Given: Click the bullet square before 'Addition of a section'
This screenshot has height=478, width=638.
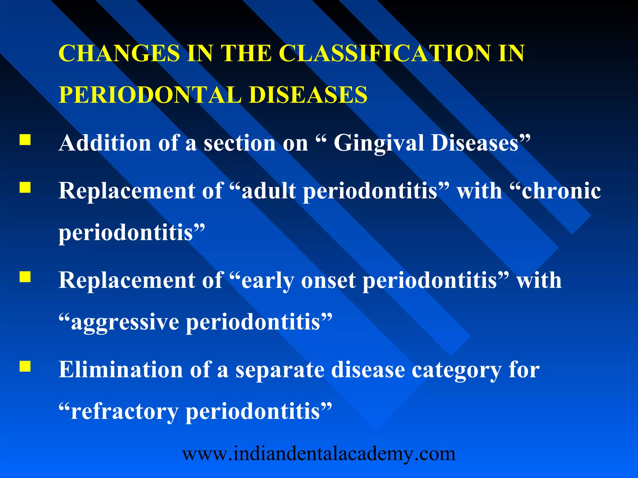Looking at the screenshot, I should (x=25, y=140).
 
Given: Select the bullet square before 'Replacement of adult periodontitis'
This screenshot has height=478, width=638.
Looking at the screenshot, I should (x=25, y=188).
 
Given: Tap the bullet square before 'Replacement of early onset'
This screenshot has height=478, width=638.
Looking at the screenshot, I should (x=25, y=277).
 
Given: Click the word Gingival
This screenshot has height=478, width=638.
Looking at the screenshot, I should (x=378, y=143).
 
